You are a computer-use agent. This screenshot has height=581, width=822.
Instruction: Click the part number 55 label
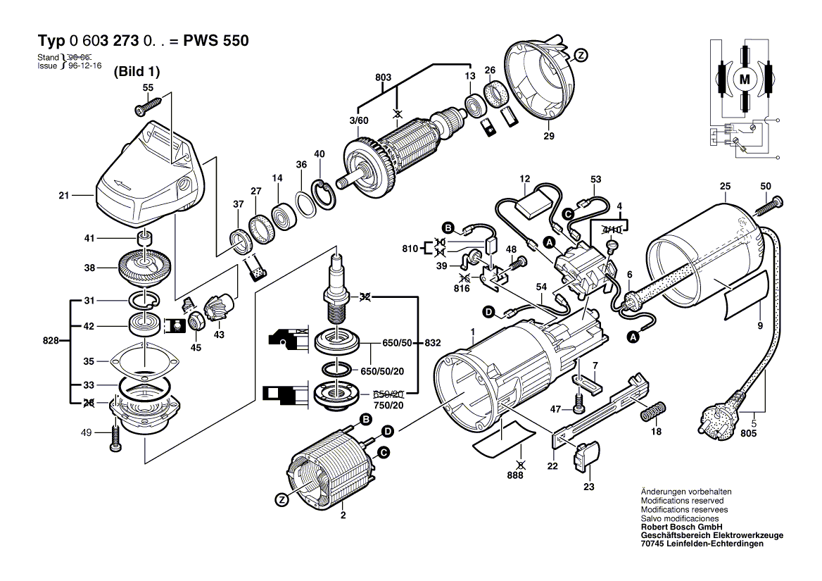(148, 87)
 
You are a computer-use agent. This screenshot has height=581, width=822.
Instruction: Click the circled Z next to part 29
(581, 55)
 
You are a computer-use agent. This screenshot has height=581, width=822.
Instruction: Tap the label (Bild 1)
(137, 71)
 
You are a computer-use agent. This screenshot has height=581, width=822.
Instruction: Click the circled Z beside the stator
(282, 499)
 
